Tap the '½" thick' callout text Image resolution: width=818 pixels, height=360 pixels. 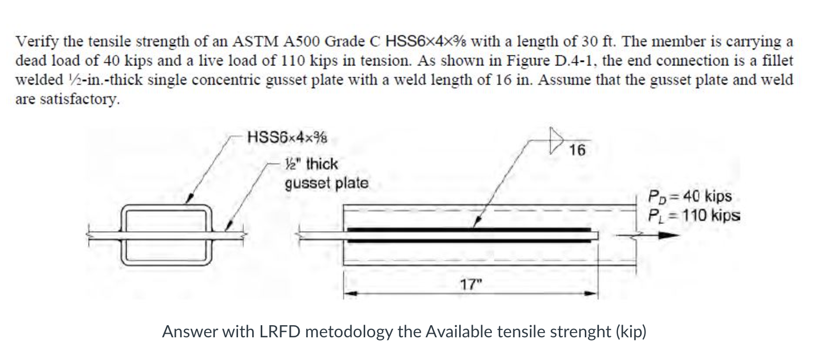point(311,164)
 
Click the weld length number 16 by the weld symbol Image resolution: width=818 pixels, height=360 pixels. point(578,150)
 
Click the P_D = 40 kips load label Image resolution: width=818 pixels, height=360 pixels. point(690,196)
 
